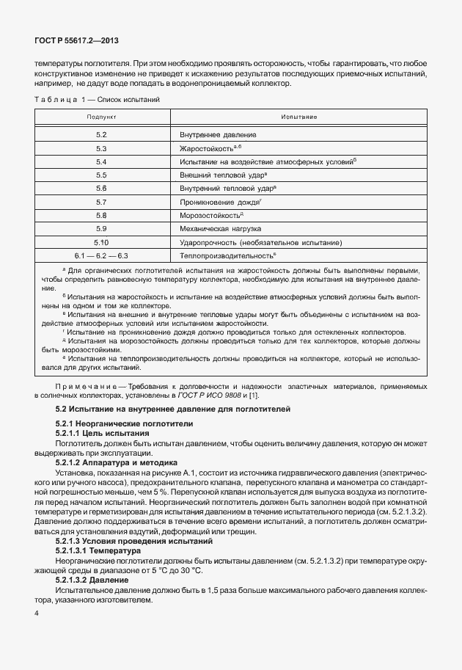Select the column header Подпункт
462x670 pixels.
click(x=101, y=117)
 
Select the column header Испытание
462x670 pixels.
click(x=298, y=117)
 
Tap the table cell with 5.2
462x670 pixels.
click(x=101, y=135)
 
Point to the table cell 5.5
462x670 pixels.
click(x=101, y=175)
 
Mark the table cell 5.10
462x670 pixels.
click(x=101, y=241)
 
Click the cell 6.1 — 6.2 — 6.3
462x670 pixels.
click(x=101, y=255)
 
